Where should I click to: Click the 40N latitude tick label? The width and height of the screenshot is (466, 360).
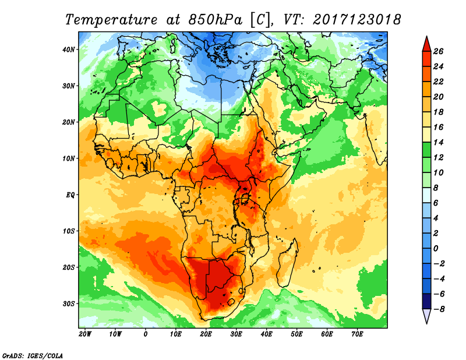pos(69,50)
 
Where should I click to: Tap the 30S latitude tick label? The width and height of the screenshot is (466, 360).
pos(69,303)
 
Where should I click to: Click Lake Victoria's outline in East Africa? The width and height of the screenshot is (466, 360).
pos(245,199)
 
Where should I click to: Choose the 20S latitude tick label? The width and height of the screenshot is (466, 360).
pos(69,267)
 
